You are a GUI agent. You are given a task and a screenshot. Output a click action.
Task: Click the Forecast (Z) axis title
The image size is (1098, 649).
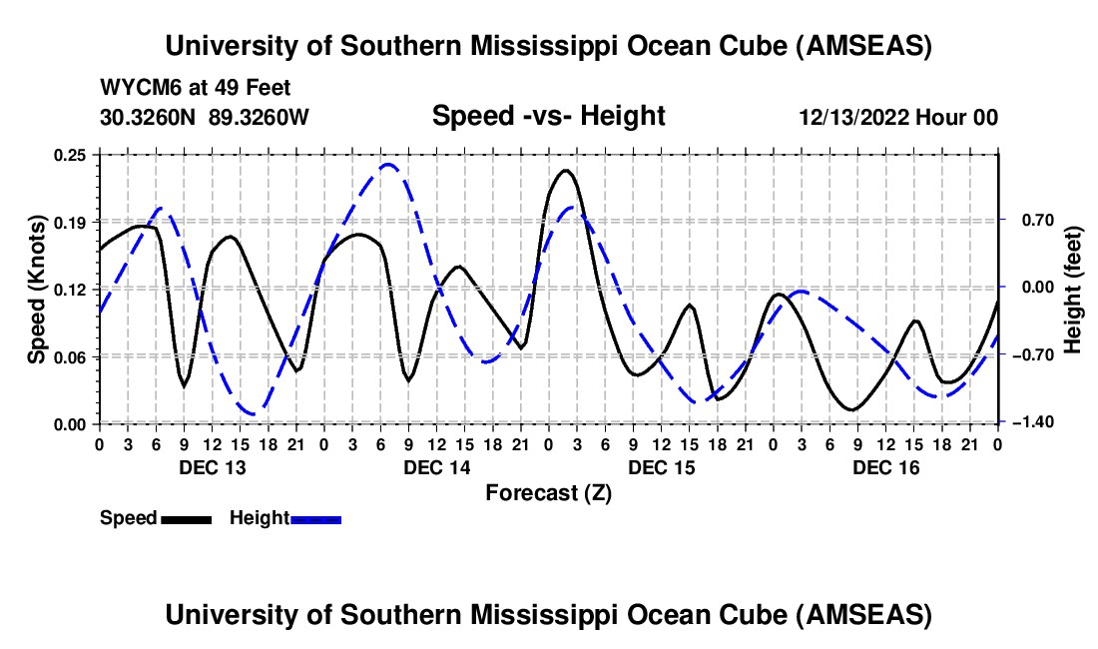pyautogui.click(x=548, y=492)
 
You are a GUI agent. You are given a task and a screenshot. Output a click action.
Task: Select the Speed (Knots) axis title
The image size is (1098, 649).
pyautogui.click(x=36, y=289)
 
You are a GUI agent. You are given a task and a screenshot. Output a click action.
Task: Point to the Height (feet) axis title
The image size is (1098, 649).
pyautogui.click(x=1073, y=289)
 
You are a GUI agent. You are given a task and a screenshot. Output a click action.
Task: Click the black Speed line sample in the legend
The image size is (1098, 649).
pyautogui.click(x=186, y=519)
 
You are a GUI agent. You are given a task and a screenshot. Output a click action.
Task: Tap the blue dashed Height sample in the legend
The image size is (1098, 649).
pyautogui.click(x=315, y=519)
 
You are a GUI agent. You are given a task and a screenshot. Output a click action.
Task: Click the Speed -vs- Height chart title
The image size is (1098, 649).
pyautogui.click(x=548, y=117)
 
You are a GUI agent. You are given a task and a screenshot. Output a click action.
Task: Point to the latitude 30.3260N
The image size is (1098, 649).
pyautogui.click(x=150, y=118)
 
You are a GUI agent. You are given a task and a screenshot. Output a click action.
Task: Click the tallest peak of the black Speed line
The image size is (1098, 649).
pyautogui.click(x=566, y=170)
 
